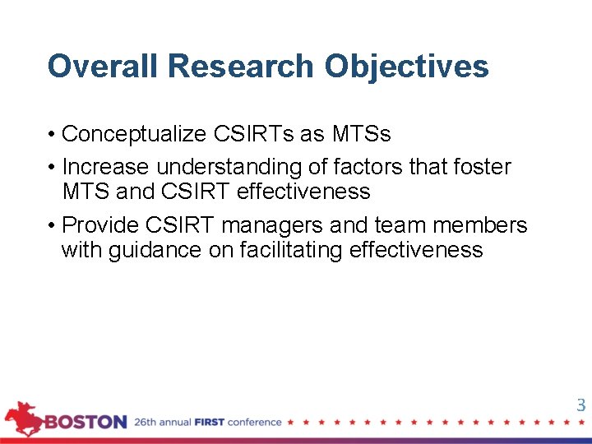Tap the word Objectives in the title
406,66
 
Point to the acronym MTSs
361,133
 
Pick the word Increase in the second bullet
106,167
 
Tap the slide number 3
580,405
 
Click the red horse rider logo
23,418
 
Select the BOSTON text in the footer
86,423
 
